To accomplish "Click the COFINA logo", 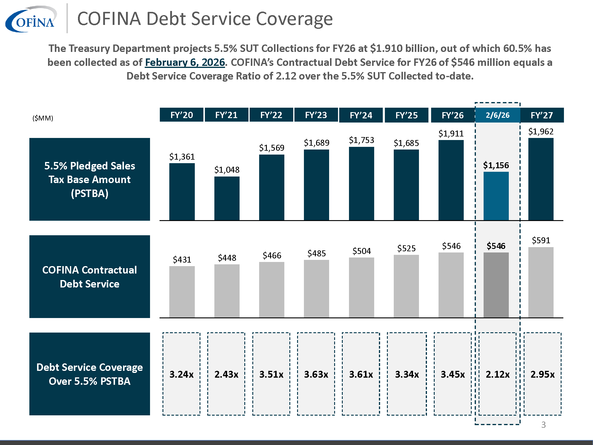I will tap(31, 19).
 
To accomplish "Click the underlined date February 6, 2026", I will tap(185, 62).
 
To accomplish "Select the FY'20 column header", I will tap(181, 115).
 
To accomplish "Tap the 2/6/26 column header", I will tap(498, 115).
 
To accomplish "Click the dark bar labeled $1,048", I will tap(227, 198).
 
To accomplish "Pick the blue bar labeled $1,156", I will tap(496, 196).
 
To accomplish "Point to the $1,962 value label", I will tap(541, 131).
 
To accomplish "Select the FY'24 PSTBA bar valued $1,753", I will tap(361, 183).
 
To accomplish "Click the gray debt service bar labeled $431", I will tap(182, 292).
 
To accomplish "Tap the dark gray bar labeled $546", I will tap(496, 285).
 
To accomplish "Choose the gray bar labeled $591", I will tap(541, 282).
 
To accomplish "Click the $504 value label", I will tap(361, 251).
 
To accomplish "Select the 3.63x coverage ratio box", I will tap(316, 374).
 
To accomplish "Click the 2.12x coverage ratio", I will tap(498, 374).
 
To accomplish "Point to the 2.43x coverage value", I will tap(226, 374).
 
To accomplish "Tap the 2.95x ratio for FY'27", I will tap(542, 374).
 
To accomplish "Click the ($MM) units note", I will tap(43, 118).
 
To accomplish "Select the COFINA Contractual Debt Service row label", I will tap(90, 276).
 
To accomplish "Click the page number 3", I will tap(543, 425).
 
